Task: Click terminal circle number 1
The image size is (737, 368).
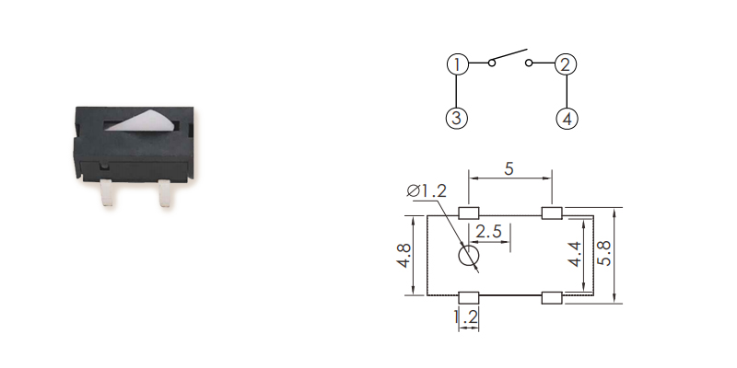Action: coord(458,64)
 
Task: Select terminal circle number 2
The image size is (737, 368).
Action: coord(566,64)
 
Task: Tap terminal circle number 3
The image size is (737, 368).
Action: coord(458,119)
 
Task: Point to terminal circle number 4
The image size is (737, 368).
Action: coord(567,119)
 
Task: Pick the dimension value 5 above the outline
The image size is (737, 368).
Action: coord(509,169)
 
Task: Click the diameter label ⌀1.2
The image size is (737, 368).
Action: coord(426,191)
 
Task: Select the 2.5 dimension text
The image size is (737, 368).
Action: coord(489,232)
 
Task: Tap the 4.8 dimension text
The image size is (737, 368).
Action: coord(403,256)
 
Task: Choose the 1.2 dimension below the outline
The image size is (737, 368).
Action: coord(467,318)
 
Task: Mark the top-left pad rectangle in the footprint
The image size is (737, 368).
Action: coord(469,213)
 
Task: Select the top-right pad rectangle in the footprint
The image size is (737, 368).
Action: coord(551,213)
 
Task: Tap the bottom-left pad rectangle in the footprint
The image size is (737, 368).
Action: coord(469,296)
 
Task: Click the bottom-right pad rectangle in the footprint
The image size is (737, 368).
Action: coord(551,296)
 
